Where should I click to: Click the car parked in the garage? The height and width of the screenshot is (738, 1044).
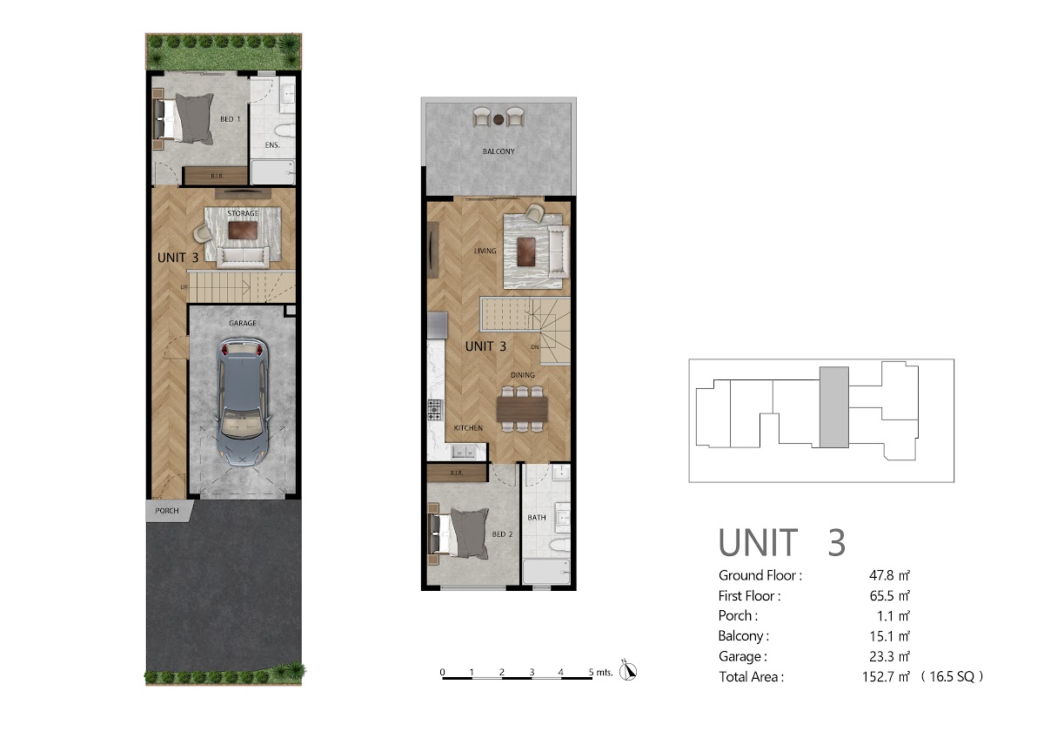coord(243,402)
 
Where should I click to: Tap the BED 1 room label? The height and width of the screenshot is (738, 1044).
coord(231,119)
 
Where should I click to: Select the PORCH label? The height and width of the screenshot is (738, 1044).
coord(167,511)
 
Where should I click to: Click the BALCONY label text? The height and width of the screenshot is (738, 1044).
coord(499,151)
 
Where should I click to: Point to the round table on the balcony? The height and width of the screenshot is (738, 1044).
coord(499,120)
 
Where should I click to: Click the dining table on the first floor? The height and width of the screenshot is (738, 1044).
coord(522,409)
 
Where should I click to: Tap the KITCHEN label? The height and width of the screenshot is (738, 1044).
coord(468,428)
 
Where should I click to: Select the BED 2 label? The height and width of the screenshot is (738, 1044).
coord(503,534)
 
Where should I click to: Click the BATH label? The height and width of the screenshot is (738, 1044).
coord(537,518)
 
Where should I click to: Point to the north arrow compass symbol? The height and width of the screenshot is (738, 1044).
coord(628,671)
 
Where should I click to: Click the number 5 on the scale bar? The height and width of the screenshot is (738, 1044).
coord(591,672)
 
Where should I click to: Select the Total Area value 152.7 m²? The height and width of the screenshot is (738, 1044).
coord(886,676)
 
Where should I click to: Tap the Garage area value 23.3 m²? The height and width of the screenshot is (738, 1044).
coord(890,656)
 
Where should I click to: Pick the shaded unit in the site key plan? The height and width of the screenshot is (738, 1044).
coord(834,407)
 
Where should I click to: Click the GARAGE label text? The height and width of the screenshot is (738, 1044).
coord(243,323)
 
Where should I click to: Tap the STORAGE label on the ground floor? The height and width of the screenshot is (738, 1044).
coord(243,213)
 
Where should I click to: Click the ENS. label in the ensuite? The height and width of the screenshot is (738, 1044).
coord(272,145)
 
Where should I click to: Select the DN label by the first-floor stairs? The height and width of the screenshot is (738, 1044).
coord(535,347)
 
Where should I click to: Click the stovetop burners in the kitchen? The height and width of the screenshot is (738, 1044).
coord(434,410)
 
